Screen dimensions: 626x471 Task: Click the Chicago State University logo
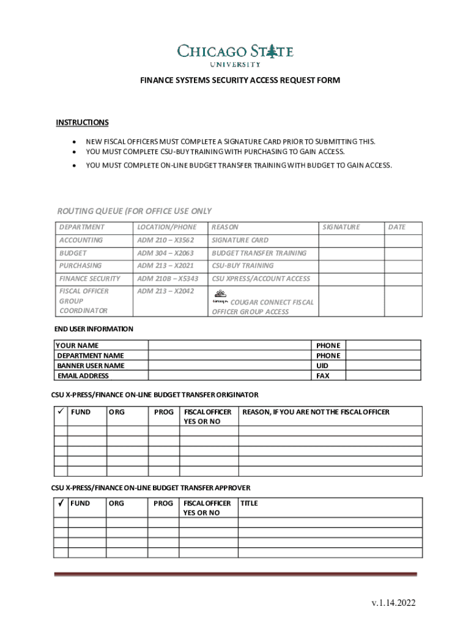click(x=236, y=54)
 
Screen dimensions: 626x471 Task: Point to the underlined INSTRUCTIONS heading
click(x=82, y=123)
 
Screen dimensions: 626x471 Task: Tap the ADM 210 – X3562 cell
click(x=165, y=240)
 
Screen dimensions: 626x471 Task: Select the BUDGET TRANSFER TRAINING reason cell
click(x=259, y=253)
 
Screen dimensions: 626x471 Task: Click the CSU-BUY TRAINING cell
click(x=243, y=266)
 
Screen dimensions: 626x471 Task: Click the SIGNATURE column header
click(x=341, y=227)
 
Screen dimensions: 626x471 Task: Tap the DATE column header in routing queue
click(x=396, y=227)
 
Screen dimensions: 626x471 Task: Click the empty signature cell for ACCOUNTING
click(x=350, y=240)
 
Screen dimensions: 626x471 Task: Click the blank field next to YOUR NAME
click(x=229, y=345)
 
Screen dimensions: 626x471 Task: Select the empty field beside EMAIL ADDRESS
click(x=229, y=376)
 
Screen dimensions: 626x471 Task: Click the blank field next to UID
click(x=383, y=366)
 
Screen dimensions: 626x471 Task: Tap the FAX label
click(x=322, y=376)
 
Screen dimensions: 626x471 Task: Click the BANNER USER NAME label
click(x=91, y=366)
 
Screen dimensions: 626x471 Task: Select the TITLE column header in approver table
click(x=250, y=503)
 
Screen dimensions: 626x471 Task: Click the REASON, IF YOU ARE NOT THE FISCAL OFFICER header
click(x=316, y=412)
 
